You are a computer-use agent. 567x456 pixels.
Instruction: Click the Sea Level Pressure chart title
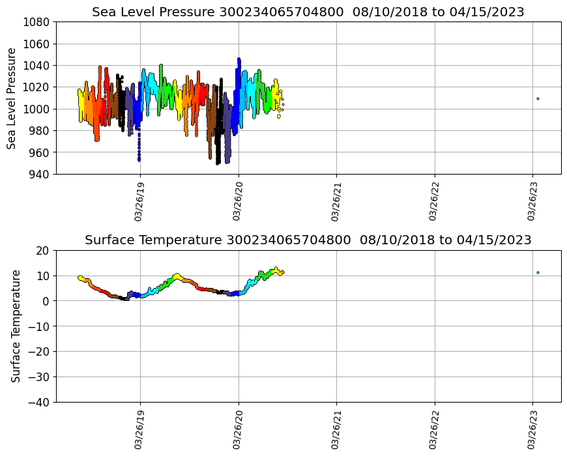click(308, 12)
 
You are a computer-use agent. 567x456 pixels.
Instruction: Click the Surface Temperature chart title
click(308, 240)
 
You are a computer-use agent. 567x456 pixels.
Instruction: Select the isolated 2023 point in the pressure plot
click(538, 99)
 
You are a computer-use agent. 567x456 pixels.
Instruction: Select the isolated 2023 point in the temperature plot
click(538, 272)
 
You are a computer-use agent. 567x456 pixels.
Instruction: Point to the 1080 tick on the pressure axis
click(38, 22)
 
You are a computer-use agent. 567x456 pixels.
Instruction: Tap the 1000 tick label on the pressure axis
click(38, 109)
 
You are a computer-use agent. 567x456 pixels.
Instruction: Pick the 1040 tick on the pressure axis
click(38, 65)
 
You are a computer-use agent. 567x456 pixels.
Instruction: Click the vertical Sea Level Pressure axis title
click(12, 98)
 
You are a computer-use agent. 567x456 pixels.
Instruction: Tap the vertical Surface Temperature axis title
click(16, 326)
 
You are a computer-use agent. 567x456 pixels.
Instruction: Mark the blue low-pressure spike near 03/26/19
click(139, 154)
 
